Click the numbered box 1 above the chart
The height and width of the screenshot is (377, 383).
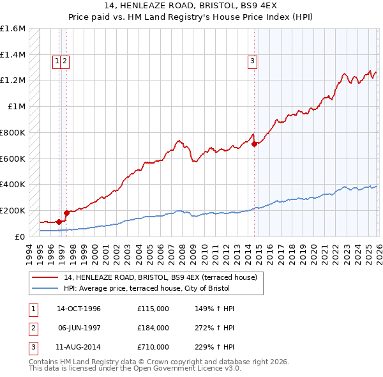coord(57,61)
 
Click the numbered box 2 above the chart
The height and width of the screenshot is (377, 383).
coord(65,61)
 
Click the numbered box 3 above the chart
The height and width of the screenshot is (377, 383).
coord(252,61)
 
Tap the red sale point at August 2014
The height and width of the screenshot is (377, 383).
coord(254,144)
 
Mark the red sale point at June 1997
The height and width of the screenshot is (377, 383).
coord(66,213)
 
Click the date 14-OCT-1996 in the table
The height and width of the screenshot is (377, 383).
coord(79,309)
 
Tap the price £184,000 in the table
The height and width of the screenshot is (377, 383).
coord(153,328)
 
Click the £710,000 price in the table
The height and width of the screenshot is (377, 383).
coord(153,347)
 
